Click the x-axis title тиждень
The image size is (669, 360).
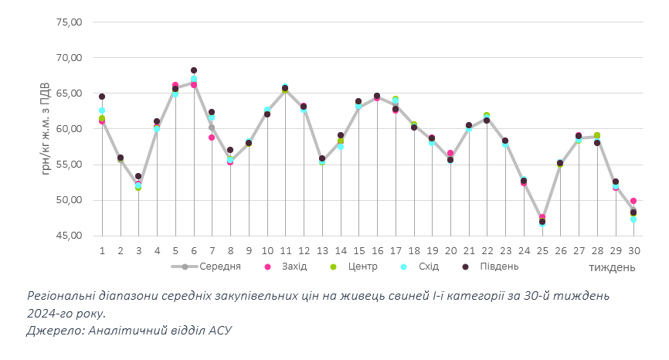pos(612,267)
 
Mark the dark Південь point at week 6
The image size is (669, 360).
pos(194,70)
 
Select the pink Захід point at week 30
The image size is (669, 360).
pos(633,201)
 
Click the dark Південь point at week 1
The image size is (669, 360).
pos(102,97)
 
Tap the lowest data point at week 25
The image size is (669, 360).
pos(542,222)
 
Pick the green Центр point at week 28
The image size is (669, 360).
pos(597,136)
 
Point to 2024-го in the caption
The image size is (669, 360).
pos(53,313)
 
